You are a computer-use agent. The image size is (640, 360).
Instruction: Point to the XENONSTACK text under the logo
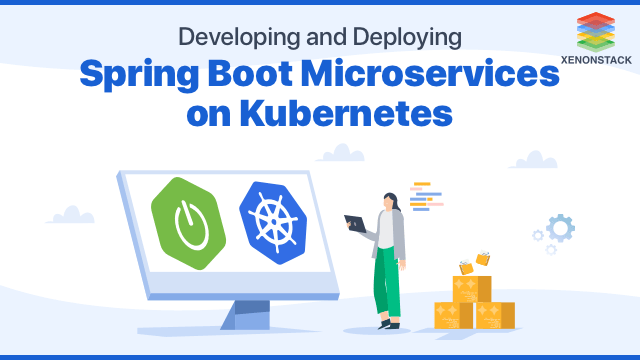point(598,58)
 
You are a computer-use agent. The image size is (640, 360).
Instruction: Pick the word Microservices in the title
point(447,76)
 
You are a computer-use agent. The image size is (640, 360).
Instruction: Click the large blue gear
point(561,228)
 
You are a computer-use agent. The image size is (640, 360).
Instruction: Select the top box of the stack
point(471,288)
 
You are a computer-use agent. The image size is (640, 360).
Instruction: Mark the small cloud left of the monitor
point(71,214)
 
